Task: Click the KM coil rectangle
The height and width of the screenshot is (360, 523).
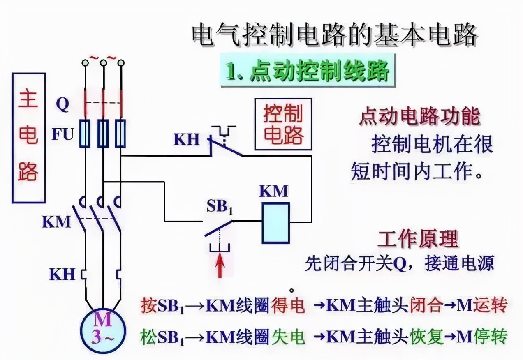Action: (276, 223)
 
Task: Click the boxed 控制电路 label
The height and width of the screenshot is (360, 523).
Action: (283, 124)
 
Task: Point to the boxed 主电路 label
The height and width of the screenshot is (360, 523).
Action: (28, 138)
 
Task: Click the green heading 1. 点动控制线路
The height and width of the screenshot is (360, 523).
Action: (308, 71)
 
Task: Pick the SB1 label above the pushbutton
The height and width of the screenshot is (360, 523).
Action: (219, 207)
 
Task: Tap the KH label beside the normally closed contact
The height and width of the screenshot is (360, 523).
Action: (186, 139)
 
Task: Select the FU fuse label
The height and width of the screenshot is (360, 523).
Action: (63, 134)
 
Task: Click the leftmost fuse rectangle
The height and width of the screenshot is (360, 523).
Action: (85, 134)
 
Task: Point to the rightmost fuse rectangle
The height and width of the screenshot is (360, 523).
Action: (120, 134)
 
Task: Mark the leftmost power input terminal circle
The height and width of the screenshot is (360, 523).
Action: (85, 63)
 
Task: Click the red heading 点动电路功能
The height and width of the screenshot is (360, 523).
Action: (419, 116)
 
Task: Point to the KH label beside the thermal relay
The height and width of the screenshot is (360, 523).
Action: (62, 274)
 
